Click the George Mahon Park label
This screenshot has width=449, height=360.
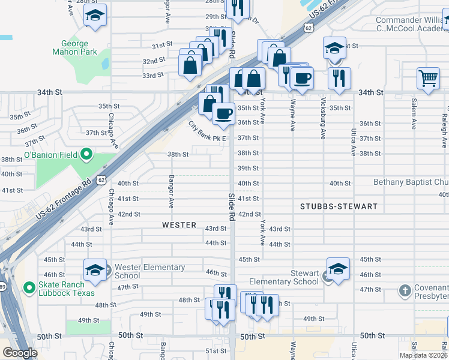point(83,48)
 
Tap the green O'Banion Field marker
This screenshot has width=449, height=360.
point(86,155)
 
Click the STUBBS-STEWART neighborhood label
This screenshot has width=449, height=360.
point(339,206)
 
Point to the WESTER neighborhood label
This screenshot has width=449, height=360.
point(179,225)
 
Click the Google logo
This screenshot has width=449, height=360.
point(19,353)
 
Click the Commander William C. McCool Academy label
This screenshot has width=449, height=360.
point(412,25)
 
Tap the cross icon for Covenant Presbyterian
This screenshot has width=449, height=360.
point(405,291)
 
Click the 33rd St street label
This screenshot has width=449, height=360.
point(152,75)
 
